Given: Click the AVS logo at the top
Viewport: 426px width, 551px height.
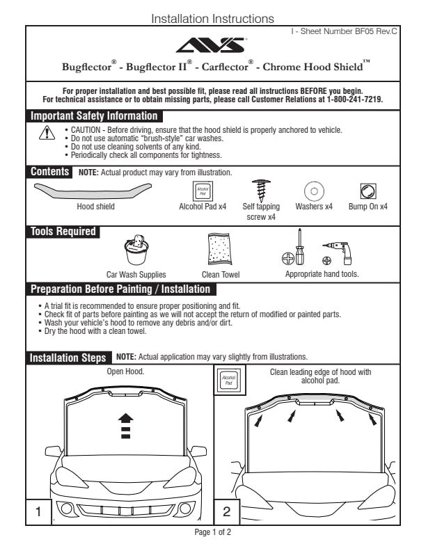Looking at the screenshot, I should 212,46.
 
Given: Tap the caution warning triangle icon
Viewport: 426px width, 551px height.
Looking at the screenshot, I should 46,132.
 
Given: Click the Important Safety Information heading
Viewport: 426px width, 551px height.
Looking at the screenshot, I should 94,116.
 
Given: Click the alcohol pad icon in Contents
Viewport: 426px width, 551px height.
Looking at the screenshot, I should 203,190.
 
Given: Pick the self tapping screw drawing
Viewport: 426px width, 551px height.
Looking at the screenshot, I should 262,189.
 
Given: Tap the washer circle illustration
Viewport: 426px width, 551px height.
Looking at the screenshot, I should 314,191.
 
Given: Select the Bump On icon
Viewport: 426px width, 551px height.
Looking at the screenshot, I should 368,191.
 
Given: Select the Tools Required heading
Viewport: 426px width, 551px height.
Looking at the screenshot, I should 63,232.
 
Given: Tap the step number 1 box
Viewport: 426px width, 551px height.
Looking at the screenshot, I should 39,512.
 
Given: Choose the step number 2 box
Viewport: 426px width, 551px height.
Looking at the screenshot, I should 227,512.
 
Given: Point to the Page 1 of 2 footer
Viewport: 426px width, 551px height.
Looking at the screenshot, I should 212,533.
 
